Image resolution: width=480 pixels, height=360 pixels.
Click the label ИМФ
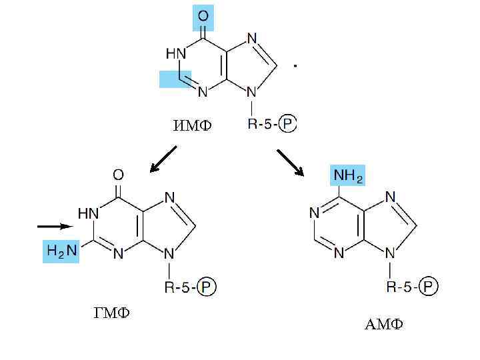(x=191, y=125)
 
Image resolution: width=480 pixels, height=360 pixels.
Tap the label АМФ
(x=383, y=325)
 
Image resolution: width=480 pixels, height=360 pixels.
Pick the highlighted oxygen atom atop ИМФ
(x=203, y=17)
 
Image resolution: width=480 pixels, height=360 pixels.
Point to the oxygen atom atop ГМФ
(x=118, y=175)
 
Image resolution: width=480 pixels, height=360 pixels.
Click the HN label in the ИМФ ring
(x=176, y=52)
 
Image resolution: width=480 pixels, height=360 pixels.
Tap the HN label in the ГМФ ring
(x=89, y=214)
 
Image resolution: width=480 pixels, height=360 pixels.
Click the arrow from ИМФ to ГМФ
(x=163, y=159)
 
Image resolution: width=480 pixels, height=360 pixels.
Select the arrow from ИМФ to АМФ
(x=290, y=163)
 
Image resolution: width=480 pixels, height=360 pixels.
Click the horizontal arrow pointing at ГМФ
(x=53, y=227)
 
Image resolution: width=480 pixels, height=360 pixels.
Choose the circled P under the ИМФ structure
(x=287, y=124)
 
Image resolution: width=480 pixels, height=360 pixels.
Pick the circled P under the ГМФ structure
(x=207, y=287)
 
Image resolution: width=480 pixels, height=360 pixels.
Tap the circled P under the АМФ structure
(x=429, y=287)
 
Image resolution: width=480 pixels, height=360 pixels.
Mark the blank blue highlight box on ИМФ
(x=175, y=79)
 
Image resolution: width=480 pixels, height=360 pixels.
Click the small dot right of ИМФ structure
(x=295, y=66)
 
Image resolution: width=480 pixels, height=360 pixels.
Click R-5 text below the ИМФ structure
(x=259, y=124)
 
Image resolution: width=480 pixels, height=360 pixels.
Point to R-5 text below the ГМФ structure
(x=179, y=287)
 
